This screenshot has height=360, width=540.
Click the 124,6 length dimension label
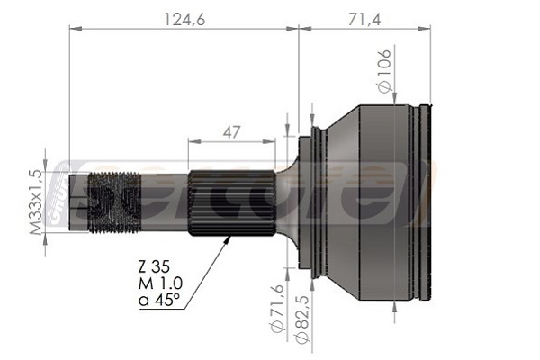(x=184, y=19)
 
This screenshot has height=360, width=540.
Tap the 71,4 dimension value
(x=364, y=19)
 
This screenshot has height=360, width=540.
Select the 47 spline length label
(x=231, y=132)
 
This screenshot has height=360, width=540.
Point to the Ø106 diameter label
(x=384, y=71)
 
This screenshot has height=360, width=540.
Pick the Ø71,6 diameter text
(x=277, y=309)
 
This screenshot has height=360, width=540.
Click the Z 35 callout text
(x=154, y=266)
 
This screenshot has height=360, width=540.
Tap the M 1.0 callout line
(x=160, y=283)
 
